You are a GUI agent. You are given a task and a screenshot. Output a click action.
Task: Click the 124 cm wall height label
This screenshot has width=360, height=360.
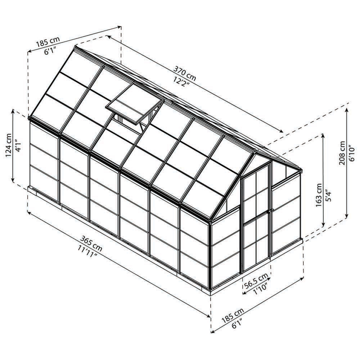coord(9,145)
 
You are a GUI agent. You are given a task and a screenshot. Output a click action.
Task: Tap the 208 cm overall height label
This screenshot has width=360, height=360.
coord(342,153)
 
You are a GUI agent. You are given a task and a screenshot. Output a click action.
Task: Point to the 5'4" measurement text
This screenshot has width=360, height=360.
coord(328,195)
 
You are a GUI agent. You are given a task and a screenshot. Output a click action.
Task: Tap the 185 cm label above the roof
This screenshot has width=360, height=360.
coord(48,42)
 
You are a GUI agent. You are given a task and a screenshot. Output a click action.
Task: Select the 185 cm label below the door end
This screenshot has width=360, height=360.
coord(232,316)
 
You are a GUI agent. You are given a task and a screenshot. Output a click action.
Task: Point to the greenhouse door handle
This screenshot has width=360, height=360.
coord(271,210)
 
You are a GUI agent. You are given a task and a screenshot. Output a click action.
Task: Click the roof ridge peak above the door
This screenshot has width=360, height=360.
coord(255,151)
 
